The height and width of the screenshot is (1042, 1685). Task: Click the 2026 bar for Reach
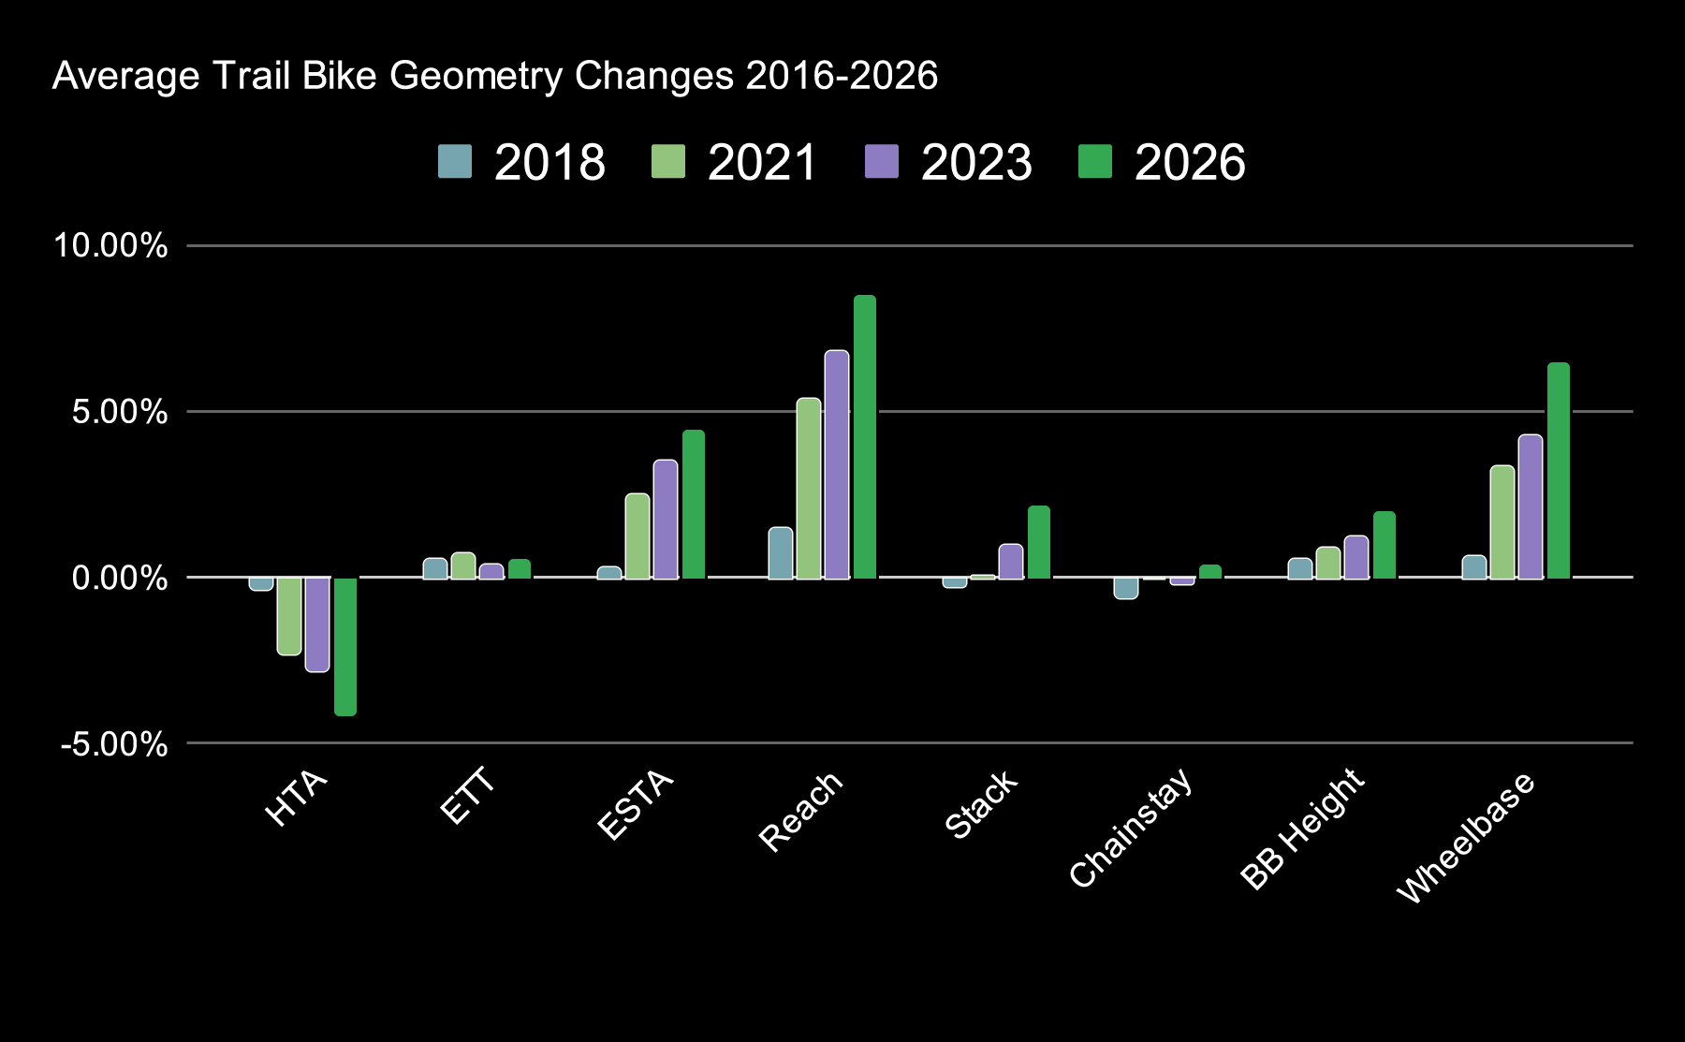[865, 437]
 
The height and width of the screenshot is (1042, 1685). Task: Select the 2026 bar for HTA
[345, 647]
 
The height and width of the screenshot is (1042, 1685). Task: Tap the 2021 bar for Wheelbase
[1502, 521]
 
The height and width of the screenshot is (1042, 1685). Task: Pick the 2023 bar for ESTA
[666, 519]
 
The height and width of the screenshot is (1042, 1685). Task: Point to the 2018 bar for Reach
[781, 552]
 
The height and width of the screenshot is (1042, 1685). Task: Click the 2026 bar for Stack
[1039, 542]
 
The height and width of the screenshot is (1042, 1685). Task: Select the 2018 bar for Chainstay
[1126, 588]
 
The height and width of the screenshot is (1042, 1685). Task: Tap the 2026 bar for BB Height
[1385, 545]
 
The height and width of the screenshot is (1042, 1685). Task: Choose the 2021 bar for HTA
[289, 616]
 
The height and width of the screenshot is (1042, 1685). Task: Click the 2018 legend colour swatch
[455, 162]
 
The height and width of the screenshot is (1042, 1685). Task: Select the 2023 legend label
[976, 163]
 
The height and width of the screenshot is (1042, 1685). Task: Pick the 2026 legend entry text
[1190, 163]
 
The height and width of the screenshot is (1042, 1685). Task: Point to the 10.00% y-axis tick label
[110, 246]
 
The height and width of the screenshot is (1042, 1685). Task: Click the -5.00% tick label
[114, 745]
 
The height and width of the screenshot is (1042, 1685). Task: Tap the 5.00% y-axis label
[119, 412]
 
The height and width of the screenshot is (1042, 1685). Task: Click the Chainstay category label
[1131, 828]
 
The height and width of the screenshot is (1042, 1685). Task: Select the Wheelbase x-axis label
[1466, 837]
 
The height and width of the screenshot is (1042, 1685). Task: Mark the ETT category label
[466, 798]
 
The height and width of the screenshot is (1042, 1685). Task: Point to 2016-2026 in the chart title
[842, 76]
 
